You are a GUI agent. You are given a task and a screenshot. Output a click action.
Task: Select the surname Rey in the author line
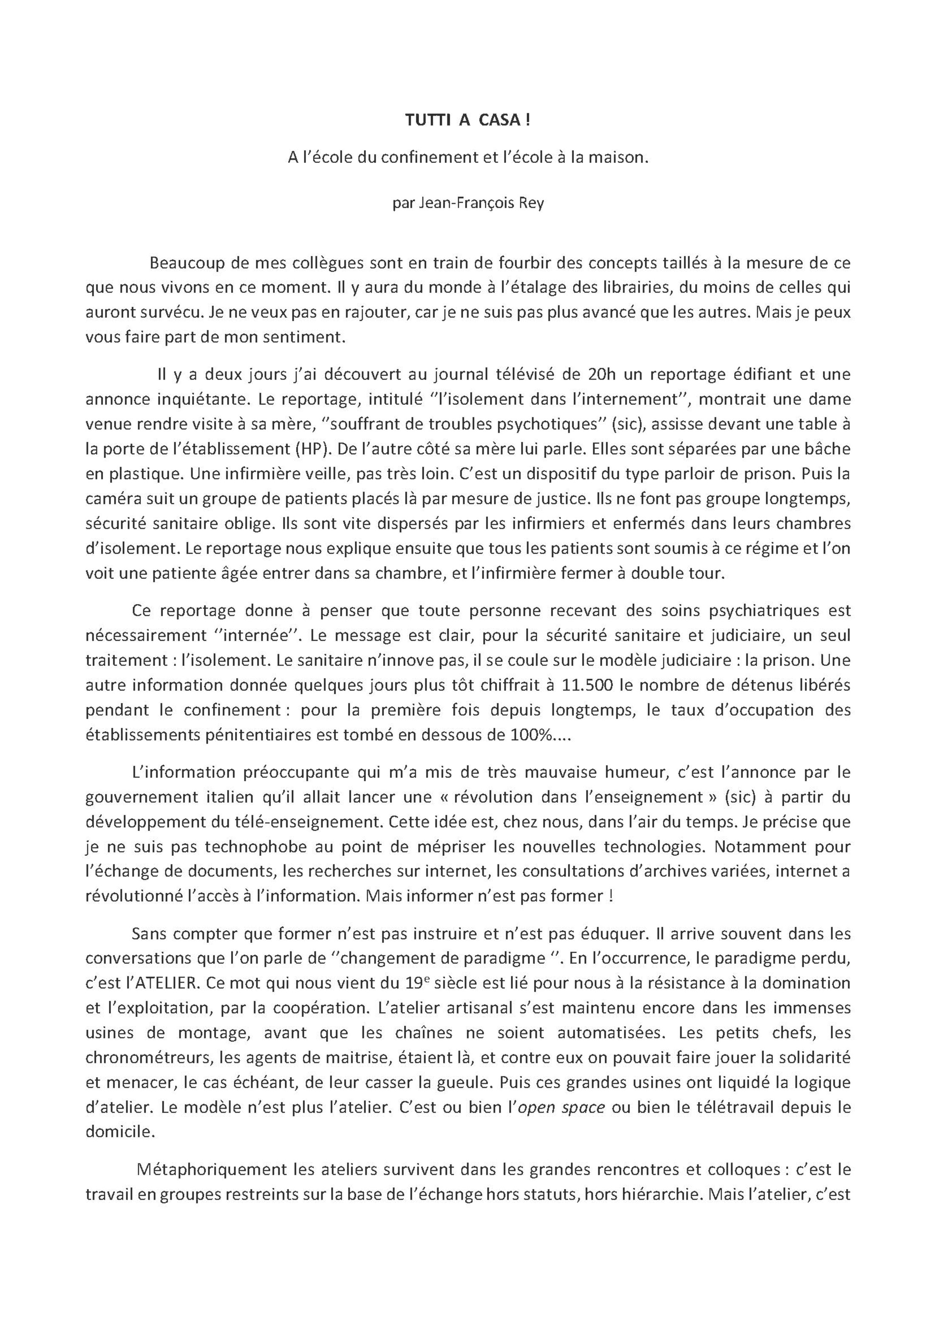[x=532, y=204]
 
